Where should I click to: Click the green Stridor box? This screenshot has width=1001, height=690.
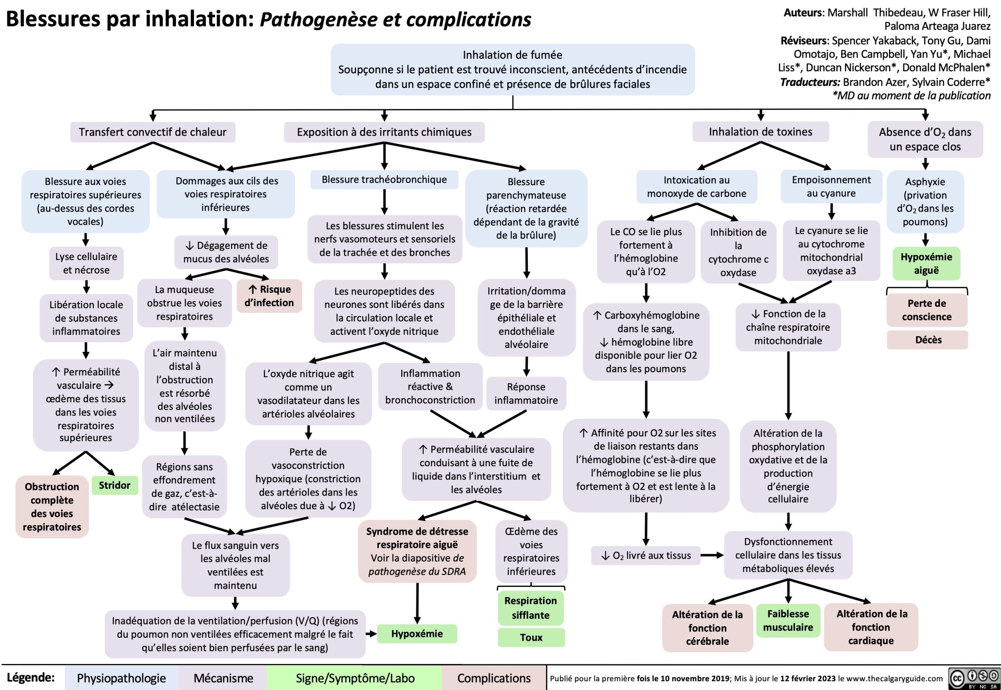(x=115, y=485)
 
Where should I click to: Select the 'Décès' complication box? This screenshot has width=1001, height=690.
(x=927, y=340)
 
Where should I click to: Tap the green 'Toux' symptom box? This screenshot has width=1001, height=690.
(x=531, y=637)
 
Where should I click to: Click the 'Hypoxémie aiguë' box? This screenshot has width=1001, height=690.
(x=926, y=263)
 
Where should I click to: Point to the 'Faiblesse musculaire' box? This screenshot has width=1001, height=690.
(x=788, y=621)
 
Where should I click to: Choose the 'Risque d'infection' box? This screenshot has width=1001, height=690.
(x=269, y=296)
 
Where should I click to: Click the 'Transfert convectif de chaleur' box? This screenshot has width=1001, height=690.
(x=152, y=132)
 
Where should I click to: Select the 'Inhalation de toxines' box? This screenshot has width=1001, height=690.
(x=761, y=132)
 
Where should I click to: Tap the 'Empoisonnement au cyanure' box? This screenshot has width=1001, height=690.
(x=831, y=187)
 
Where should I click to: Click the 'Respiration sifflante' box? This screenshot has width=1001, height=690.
(x=531, y=608)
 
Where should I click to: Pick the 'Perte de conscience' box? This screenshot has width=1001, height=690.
(x=927, y=310)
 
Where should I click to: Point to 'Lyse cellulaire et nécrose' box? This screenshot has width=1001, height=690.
(x=87, y=263)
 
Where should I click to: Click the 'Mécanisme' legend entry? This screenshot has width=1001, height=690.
(x=223, y=678)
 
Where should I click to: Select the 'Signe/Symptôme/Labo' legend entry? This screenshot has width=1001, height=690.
(x=355, y=678)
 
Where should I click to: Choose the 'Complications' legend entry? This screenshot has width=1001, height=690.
(x=494, y=678)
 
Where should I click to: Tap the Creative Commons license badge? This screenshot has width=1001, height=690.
(x=974, y=678)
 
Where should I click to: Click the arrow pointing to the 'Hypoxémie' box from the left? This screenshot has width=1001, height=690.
(x=371, y=634)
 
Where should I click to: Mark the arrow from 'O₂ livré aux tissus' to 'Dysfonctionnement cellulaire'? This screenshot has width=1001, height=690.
(x=712, y=555)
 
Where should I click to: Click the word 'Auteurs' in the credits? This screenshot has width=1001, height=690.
(x=804, y=13)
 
